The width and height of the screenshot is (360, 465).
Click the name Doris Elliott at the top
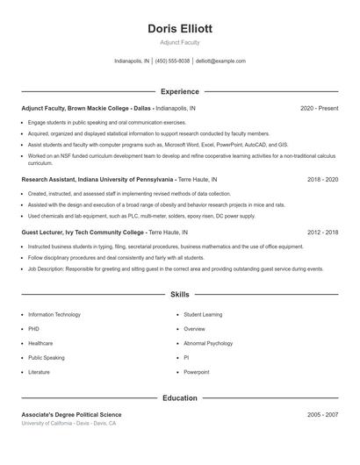tap(180, 28)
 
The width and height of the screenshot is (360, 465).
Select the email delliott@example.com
tap(220, 61)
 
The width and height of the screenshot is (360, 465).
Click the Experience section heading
tap(180, 91)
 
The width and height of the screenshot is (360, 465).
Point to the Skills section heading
tap(180, 295)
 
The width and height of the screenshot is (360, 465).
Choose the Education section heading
tap(180, 398)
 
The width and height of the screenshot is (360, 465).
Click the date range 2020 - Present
tap(319, 108)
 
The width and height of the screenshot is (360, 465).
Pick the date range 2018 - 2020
tap(322, 179)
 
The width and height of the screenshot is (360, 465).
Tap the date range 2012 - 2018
tap(322, 232)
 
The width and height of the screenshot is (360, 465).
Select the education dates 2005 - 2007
tap(322, 414)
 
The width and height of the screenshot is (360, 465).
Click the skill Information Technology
tap(54, 314)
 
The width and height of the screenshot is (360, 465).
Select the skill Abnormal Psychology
tap(208, 343)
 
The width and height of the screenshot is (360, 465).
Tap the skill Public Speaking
tap(47, 358)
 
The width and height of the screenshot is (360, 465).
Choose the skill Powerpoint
tap(197, 372)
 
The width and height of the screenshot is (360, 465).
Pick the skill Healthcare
tap(40, 343)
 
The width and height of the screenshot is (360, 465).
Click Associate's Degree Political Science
tap(72, 414)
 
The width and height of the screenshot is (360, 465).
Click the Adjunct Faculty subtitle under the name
tap(180, 42)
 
